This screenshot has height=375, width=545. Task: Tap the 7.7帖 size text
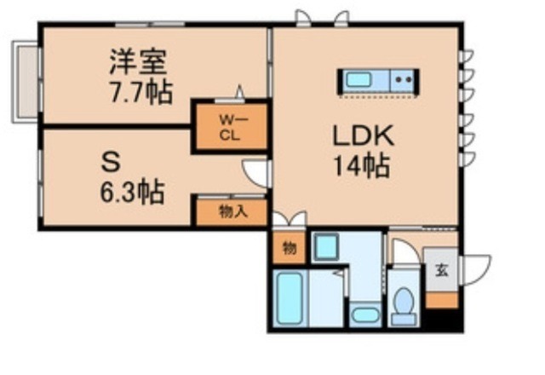pos(139,90)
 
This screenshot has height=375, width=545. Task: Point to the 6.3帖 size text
pos(130,188)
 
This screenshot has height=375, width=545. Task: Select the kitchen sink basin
pos(358,81)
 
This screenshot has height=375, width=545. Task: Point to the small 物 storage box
pos(289,248)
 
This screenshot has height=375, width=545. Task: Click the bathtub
pos(290,299)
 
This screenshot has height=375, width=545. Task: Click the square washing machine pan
pos(328,248)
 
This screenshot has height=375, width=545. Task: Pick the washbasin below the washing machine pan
pos(365,312)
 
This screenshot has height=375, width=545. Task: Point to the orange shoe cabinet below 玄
pos(441,299)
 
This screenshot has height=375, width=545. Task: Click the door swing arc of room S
pos(255,174)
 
